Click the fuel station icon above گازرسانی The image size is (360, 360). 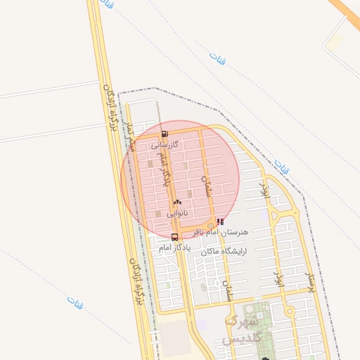[165, 134]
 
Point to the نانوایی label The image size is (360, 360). [177, 212]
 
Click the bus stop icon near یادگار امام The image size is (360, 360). [174, 237]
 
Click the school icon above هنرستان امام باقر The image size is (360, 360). [221, 221]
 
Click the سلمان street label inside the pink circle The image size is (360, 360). [207, 185]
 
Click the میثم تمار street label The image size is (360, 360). [129, 136]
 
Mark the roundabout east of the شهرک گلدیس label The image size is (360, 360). [288, 311]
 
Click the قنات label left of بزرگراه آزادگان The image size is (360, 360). [75, 301]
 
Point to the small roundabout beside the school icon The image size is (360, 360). [211, 226]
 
